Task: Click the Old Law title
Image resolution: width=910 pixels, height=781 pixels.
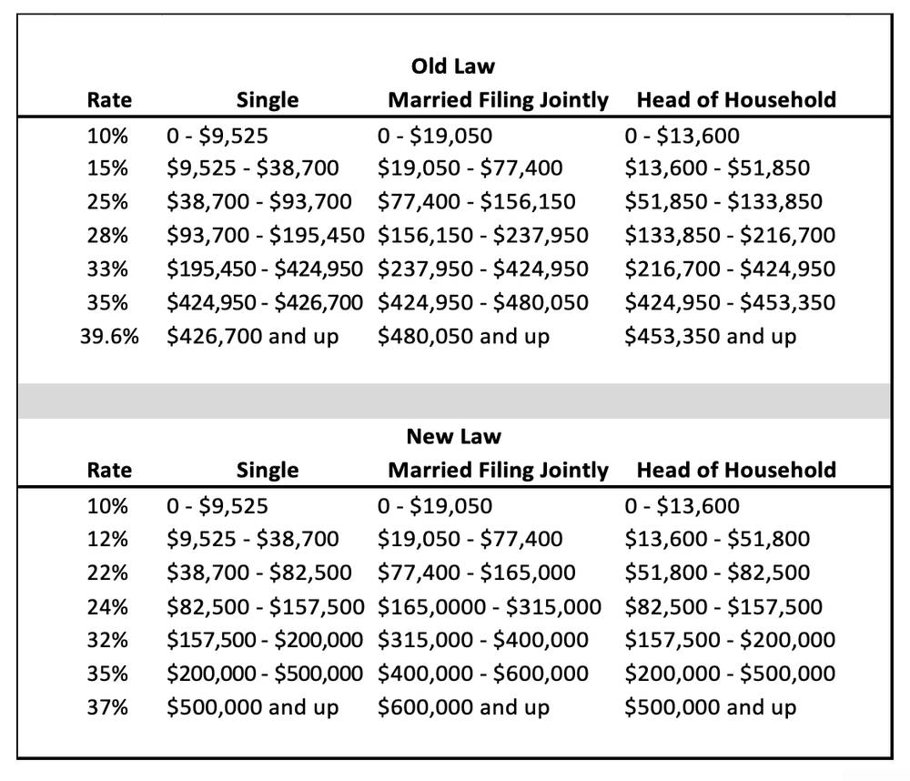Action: tap(453, 66)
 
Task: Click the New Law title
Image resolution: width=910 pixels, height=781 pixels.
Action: tap(453, 436)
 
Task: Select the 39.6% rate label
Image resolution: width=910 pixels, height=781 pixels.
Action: tap(109, 337)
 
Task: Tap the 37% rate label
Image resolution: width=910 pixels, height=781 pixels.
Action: tap(109, 707)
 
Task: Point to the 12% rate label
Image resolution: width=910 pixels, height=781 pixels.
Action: tap(109, 539)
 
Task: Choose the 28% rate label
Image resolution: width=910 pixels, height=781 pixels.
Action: tap(109, 236)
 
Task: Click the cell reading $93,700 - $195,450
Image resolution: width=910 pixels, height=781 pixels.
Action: tap(266, 236)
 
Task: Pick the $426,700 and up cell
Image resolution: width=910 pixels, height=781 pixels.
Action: tap(253, 337)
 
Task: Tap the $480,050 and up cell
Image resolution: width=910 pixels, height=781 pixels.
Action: tap(463, 337)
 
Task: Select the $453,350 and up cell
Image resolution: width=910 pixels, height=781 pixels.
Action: tap(710, 337)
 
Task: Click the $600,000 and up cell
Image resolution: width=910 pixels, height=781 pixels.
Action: tap(463, 707)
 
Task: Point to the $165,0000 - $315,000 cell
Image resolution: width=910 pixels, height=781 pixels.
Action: tap(490, 606)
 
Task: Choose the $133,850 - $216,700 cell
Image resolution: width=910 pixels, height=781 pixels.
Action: tap(730, 236)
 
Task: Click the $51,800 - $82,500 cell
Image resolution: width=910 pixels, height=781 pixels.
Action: tap(717, 573)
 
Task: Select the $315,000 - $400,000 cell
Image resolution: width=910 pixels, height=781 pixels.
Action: tap(483, 640)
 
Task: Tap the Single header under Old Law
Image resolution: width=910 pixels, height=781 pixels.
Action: tap(268, 100)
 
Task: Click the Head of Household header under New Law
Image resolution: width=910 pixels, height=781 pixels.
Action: tap(736, 471)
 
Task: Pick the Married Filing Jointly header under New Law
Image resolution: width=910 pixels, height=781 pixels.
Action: tap(498, 471)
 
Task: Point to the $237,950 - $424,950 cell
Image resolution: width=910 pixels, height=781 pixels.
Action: tap(483, 269)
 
